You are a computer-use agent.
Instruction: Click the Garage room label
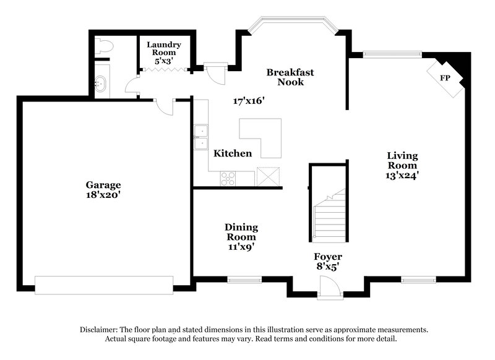pos(103,185)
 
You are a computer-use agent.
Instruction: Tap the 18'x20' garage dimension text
pos(103,194)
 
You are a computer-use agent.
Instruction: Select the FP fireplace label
pos(444,79)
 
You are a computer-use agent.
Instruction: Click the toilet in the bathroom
pos(104,46)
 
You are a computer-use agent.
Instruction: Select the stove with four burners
pos(228,178)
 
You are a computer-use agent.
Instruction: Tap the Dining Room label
pos(241,232)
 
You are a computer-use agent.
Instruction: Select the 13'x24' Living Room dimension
pos(402,175)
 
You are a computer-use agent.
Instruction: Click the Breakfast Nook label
pos(290,77)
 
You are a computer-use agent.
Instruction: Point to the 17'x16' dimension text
pos(249,100)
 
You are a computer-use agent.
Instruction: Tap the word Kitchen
pos(233,153)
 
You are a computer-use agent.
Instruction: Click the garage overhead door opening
pos(104,285)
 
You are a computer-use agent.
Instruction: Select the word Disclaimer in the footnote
pos(101,330)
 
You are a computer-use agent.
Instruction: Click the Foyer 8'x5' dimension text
pos(327,266)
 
